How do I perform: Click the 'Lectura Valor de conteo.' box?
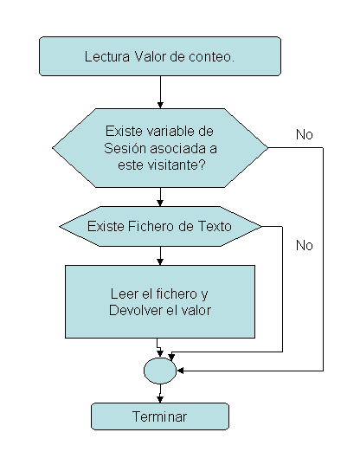point(160,56)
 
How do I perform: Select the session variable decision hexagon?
point(160,148)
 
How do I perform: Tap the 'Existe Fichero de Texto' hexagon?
point(160,226)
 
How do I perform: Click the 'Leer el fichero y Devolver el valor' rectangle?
point(160,301)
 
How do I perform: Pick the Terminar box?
point(160,416)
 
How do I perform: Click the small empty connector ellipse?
point(160,371)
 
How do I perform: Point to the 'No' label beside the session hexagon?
point(304,134)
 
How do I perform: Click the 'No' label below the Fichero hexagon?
point(304,245)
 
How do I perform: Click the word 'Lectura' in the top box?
point(107,56)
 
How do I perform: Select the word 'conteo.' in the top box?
point(211,56)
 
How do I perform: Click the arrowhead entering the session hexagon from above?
point(160,105)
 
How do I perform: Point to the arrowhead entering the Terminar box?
point(160,399)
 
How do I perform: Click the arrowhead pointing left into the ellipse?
point(181,371)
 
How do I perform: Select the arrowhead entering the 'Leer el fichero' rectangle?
point(160,261)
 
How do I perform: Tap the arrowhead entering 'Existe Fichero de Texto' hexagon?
point(160,203)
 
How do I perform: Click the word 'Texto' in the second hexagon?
point(215,226)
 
